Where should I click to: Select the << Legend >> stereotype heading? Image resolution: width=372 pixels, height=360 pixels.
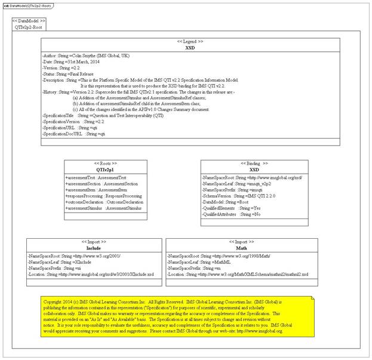tap(190, 41)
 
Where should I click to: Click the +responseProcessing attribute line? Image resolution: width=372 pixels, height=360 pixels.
tap(103, 196)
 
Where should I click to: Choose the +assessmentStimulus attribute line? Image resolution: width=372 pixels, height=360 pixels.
tap(103, 208)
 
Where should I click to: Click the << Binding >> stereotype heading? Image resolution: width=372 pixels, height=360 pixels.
tap(254, 163)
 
